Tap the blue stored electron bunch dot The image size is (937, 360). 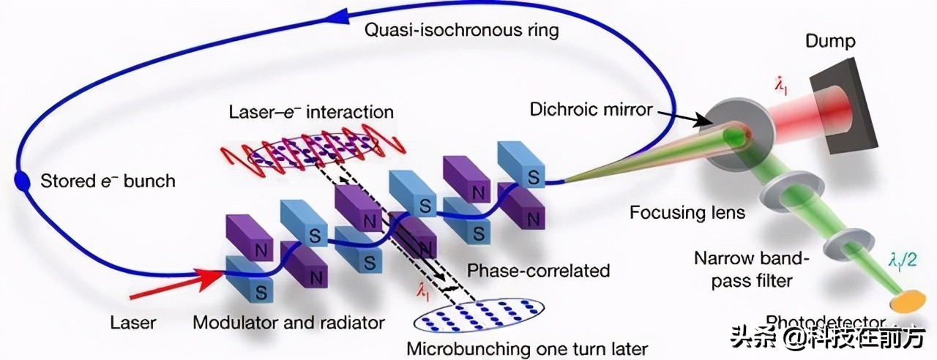click(x=23, y=180)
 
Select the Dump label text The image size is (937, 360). click(x=830, y=41)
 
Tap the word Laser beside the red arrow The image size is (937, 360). click(x=132, y=322)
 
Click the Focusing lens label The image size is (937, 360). click(x=687, y=213)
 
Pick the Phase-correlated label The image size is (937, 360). click(x=538, y=270)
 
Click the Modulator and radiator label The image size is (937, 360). click(x=288, y=322)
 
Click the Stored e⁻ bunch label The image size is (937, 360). click(x=108, y=180)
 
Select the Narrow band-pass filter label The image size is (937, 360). click(x=740, y=270)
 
